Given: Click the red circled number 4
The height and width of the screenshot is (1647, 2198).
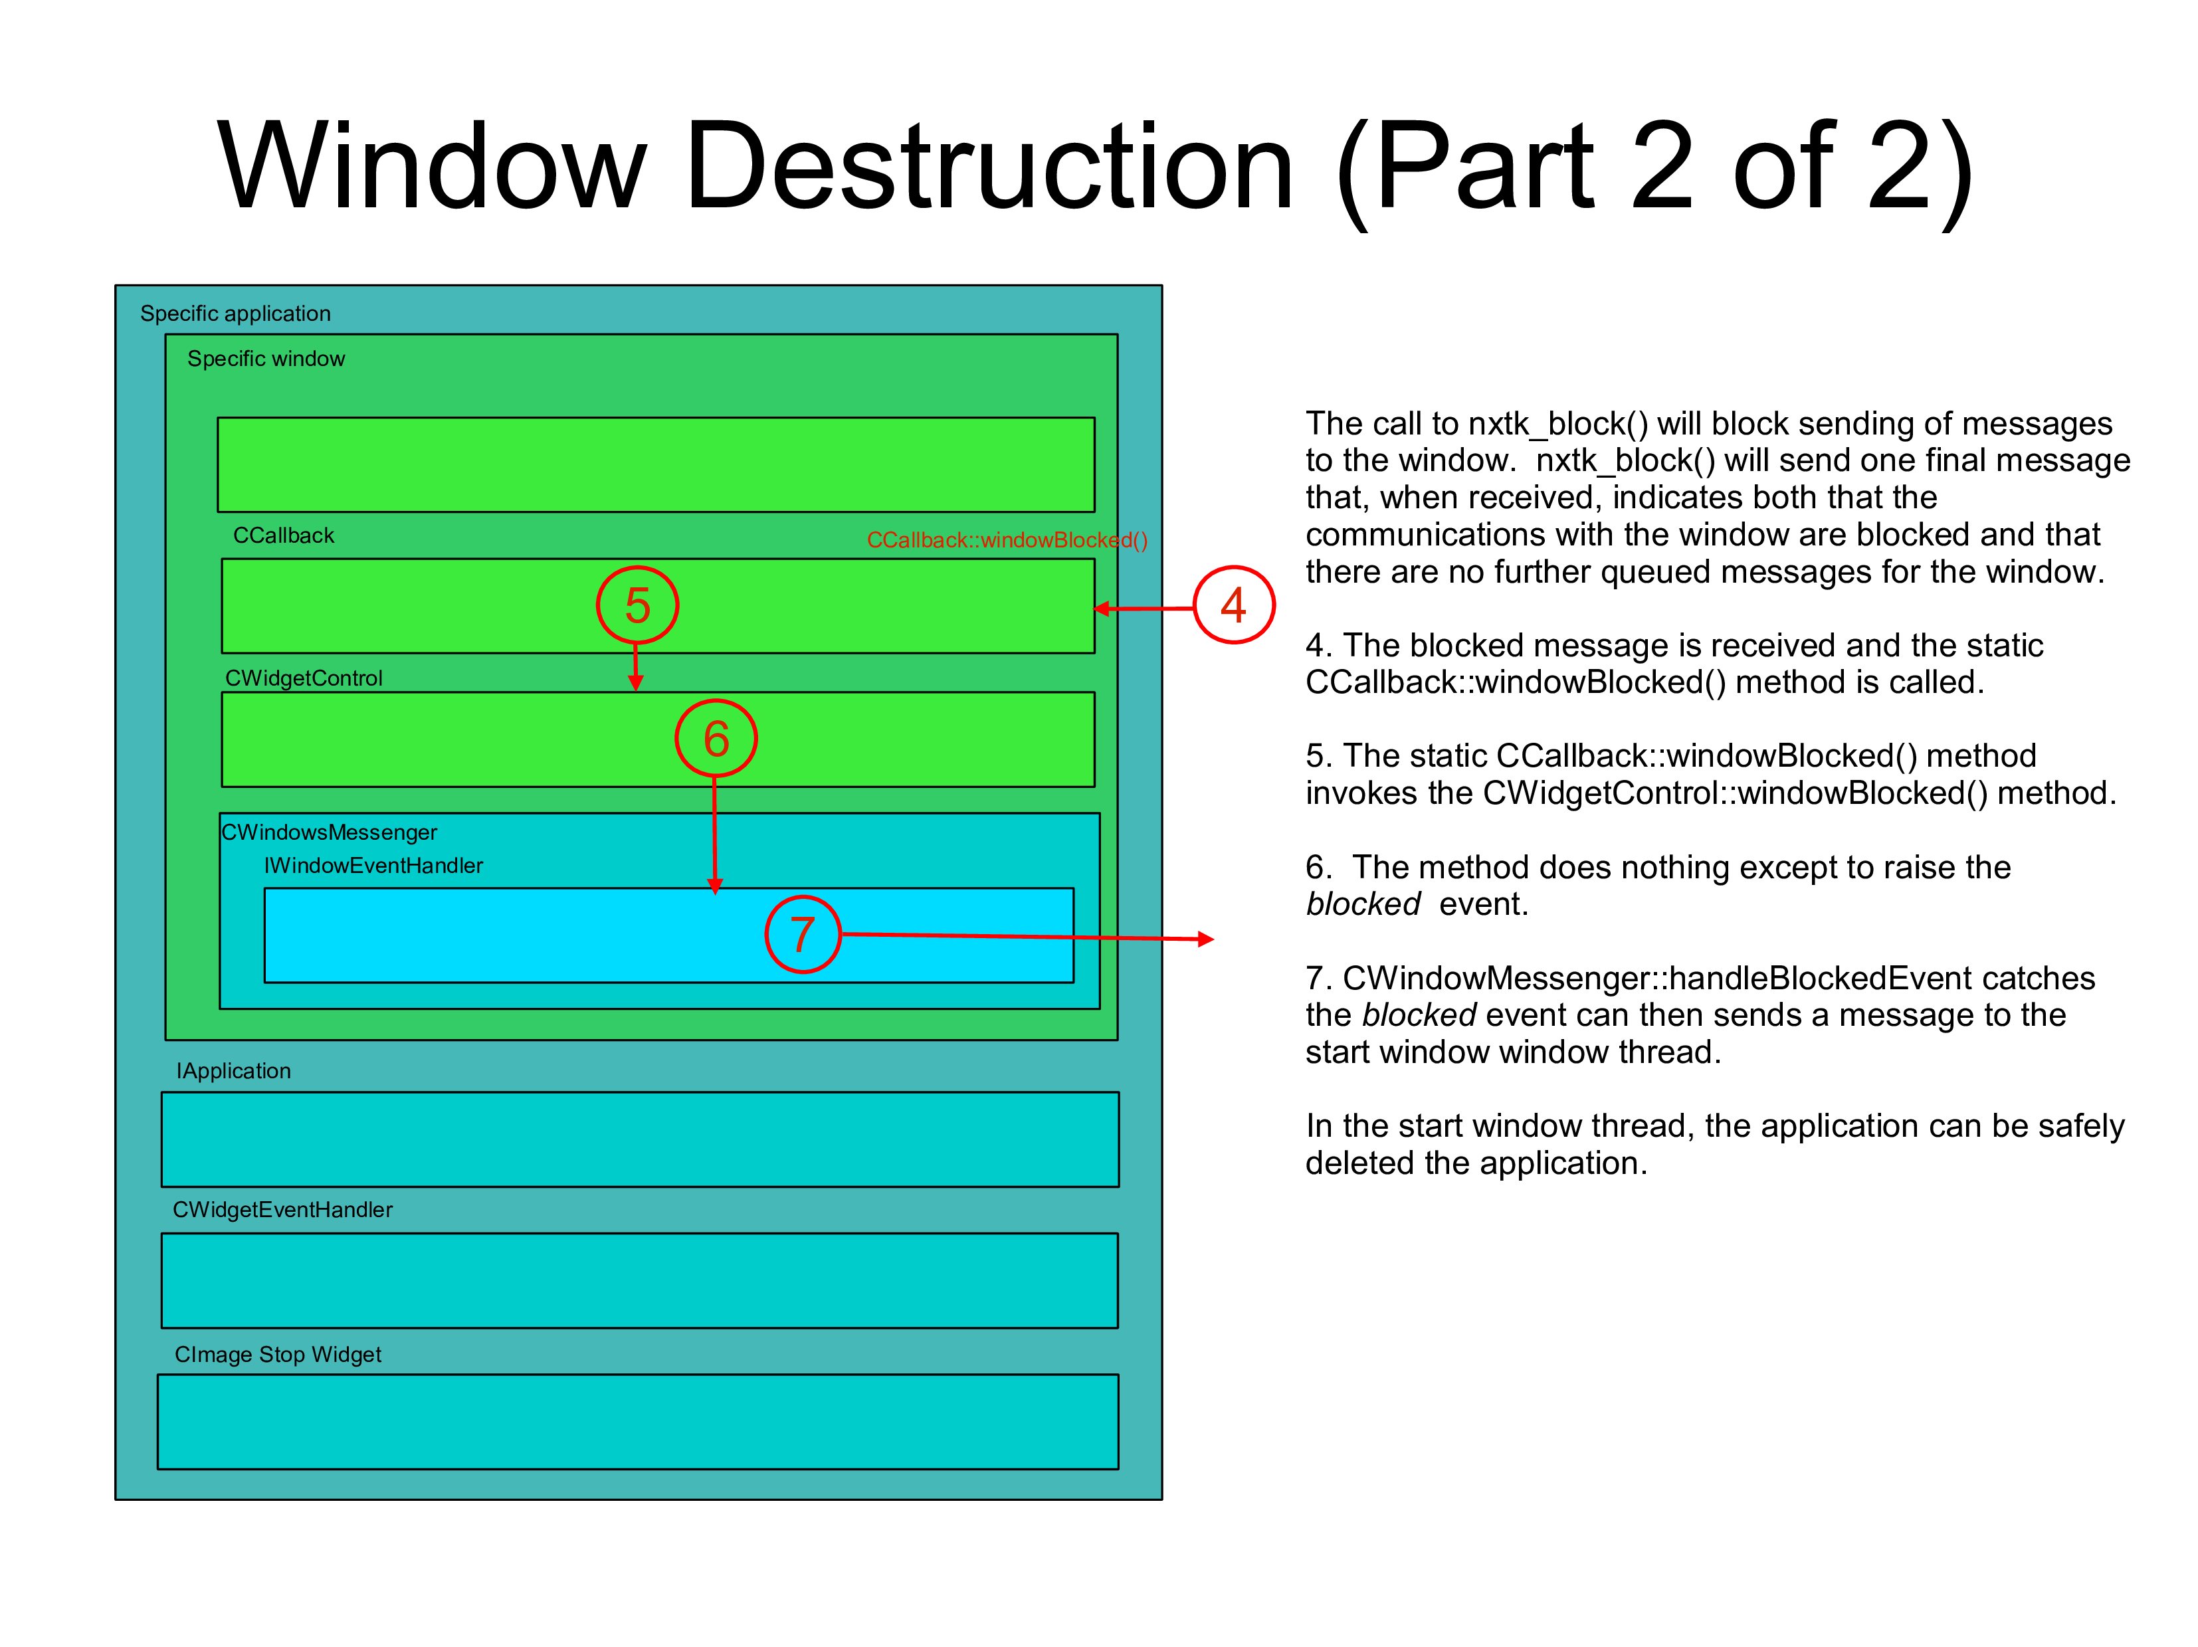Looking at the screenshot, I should pos(1233,605).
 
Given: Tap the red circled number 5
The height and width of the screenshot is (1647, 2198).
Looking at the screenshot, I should pos(637,605).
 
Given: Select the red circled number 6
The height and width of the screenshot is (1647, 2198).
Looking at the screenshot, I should pos(716,738).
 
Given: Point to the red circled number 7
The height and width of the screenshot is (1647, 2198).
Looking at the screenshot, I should pos(803,935).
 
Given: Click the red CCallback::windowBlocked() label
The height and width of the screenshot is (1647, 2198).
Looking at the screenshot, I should pos(1007,539).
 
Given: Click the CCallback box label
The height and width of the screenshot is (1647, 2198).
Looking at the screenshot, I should pos(283,535).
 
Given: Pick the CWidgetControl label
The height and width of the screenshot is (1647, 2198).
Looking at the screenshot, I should pos(303,678).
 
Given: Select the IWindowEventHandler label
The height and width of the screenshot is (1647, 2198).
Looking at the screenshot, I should pos(373,865).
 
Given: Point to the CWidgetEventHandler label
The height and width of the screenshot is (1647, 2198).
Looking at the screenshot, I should pos(282,1209).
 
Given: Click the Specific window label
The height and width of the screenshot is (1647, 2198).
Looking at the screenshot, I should pos(266,359).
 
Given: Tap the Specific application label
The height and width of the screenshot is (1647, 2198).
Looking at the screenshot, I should pos(235,313).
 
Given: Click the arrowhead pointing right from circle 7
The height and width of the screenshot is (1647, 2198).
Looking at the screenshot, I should pos(1205,939).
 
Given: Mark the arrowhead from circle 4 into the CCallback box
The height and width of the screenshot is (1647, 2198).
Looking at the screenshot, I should pos(1102,609).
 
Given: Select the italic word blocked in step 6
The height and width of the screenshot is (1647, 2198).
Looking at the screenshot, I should pos(1362,904).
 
